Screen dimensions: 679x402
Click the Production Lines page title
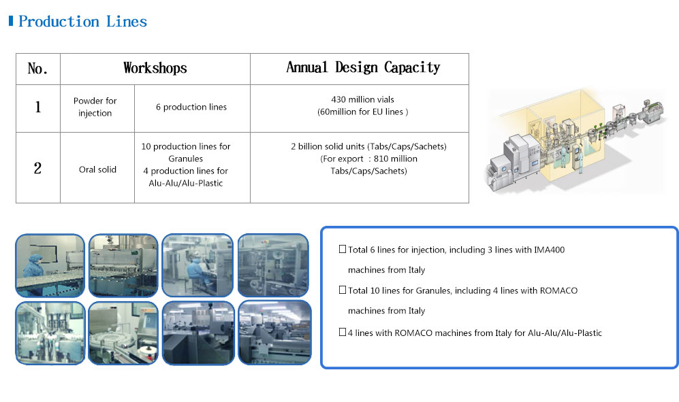82,21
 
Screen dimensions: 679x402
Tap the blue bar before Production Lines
11,21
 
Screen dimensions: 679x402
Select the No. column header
37,69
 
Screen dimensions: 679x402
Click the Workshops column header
155,68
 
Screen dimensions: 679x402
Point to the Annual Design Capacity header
363,67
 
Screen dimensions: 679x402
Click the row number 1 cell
38,107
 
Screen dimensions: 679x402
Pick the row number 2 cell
37,168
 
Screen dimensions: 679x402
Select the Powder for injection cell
95,107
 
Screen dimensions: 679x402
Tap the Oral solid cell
97,169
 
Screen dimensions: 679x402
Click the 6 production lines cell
191,107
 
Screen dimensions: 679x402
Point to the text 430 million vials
362,99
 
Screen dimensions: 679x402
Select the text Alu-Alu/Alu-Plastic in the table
186,183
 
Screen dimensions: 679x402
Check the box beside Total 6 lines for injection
343,249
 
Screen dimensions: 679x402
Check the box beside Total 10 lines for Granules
343,290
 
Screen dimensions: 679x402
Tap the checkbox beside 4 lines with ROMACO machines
343,332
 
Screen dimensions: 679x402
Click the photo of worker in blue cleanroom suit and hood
50,266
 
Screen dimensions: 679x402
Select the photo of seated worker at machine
198,266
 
